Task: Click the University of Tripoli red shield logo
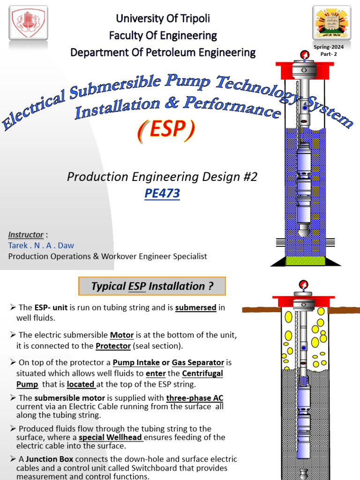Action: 29,22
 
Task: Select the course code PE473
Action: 162,193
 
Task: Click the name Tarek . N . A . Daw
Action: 41,245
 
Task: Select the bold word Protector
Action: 113,346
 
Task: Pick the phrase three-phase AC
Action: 195,398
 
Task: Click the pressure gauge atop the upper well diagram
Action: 305,56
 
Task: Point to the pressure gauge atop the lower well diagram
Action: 303,284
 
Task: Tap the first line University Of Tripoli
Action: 163,19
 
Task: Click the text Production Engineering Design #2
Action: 162,177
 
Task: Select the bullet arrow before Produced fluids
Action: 13,428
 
